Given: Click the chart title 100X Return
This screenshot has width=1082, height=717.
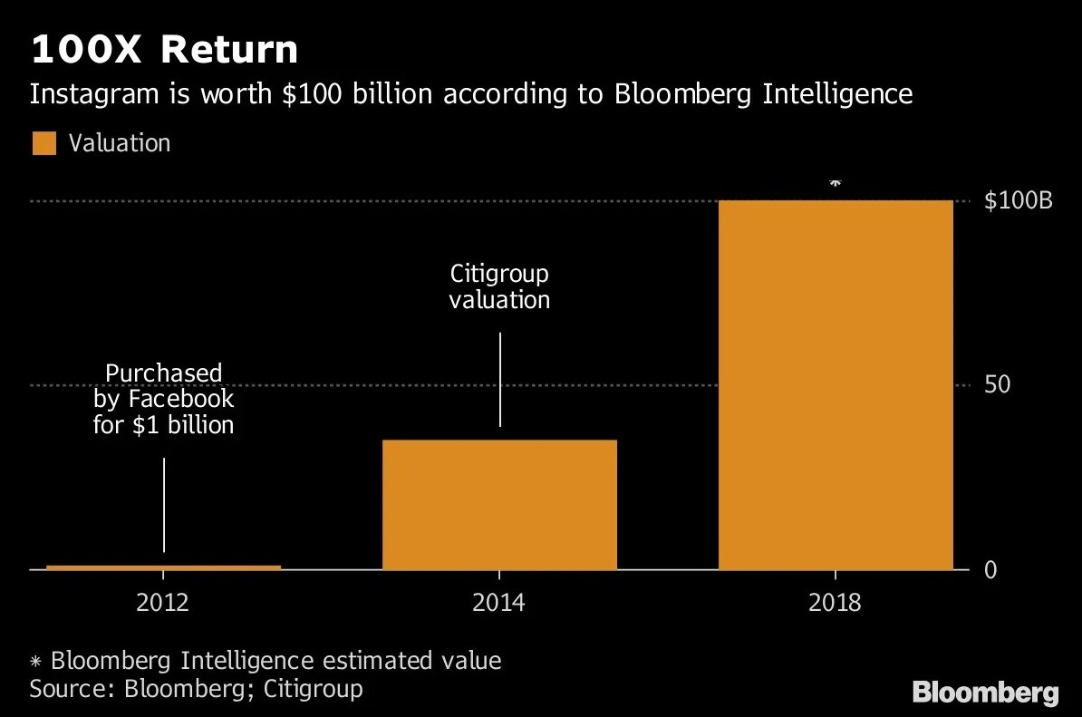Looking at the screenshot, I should click(164, 50).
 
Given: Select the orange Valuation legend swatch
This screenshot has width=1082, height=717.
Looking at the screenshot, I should click(44, 143).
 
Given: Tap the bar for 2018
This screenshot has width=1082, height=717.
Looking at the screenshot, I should click(835, 384).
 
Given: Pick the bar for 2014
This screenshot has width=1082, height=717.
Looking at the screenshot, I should click(499, 504).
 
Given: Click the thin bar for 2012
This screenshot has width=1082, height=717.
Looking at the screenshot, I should click(163, 567).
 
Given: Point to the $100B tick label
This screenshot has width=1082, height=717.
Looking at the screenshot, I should click(1018, 201).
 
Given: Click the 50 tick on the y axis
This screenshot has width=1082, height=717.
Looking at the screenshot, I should click(997, 385).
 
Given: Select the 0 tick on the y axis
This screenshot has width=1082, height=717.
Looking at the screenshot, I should click(990, 569).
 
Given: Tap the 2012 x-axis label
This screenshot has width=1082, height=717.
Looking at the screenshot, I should click(163, 603).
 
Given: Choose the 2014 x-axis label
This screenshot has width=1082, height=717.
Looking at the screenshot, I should click(499, 603).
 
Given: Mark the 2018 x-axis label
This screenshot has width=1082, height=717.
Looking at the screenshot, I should click(835, 603).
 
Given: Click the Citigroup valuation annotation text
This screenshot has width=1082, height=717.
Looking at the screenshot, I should click(499, 286).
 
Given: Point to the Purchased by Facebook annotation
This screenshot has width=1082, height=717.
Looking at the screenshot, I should click(163, 398).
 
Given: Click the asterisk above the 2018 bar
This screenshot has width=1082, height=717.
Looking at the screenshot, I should click(835, 184).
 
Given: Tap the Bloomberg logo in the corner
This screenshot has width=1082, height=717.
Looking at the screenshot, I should click(985, 693).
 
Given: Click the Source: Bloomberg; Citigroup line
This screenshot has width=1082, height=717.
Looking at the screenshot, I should click(196, 688).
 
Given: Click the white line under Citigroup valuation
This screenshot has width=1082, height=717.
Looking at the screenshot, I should click(499, 379).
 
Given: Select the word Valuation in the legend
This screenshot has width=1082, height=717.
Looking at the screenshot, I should click(120, 143).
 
